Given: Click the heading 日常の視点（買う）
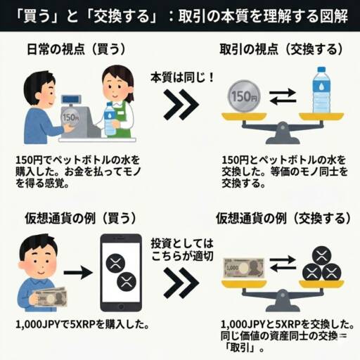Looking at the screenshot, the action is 77,49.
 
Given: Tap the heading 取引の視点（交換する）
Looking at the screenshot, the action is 281,49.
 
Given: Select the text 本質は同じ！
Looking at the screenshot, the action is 182,77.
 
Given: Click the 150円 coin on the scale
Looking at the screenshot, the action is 244,96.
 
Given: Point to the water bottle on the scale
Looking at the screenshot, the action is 321,90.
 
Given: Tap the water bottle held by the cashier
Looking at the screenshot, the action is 110,119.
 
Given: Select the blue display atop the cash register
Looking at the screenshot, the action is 71,99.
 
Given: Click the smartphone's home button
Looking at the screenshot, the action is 121,306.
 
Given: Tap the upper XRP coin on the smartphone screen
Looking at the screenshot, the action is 115,263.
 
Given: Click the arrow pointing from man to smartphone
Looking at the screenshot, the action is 78,273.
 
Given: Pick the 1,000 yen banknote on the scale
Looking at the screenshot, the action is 243,269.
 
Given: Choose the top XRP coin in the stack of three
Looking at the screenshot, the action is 321,256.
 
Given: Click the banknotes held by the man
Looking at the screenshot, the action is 50,297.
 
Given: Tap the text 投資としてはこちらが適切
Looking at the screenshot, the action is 182,250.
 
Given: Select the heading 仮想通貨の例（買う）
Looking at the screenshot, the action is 80,218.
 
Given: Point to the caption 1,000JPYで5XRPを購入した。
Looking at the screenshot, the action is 82,325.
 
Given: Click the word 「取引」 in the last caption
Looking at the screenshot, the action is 240,348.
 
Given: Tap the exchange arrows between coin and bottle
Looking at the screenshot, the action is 283,96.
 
